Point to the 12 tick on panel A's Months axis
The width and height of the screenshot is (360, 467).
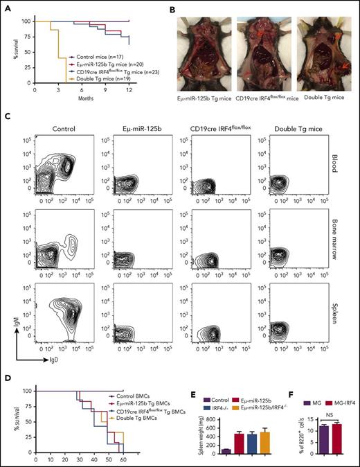129,89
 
